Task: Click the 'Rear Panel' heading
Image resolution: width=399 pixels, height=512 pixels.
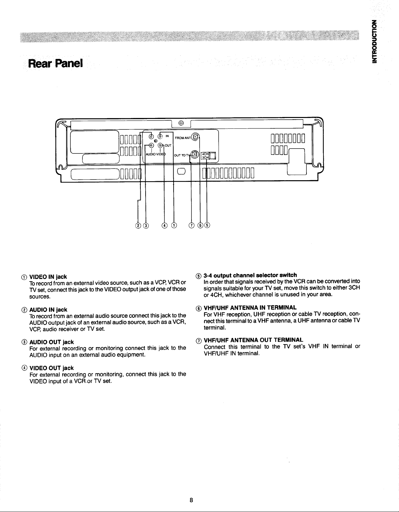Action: point(55,63)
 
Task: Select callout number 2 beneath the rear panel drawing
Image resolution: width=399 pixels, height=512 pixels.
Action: point(138,226)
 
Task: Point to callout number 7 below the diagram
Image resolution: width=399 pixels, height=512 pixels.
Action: point(192,226)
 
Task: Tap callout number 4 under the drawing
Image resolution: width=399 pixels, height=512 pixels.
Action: point(164,226)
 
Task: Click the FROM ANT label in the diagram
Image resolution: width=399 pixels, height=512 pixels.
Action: point(183,138)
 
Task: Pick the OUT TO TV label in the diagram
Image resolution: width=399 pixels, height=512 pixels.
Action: point(182,155)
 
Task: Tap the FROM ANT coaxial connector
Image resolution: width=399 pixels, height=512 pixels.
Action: point(195,137)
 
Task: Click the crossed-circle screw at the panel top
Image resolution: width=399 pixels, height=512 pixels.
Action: point(181,123)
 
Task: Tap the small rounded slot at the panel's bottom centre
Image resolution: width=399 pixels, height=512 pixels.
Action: point(181,171)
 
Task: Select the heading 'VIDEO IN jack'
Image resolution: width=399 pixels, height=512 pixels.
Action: point(48,277)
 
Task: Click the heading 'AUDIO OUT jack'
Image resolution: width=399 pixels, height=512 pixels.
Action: point(51,342)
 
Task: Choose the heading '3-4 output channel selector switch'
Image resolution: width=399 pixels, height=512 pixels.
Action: point(250,275)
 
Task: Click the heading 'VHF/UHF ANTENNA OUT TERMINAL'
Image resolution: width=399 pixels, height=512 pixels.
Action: point(253,340)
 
